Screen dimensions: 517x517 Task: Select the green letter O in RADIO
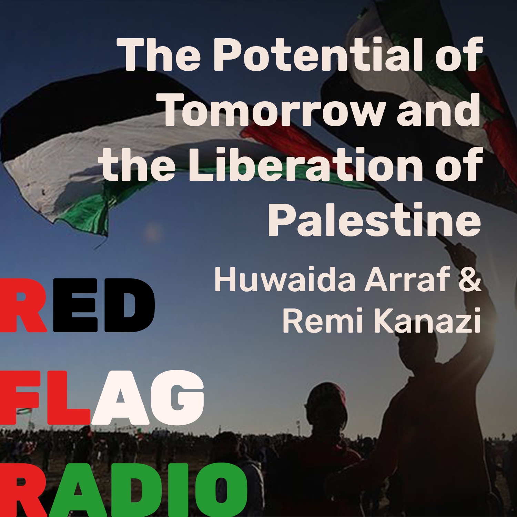(x=221, y=491)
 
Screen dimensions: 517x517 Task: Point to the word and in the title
(x=438, y=109)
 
